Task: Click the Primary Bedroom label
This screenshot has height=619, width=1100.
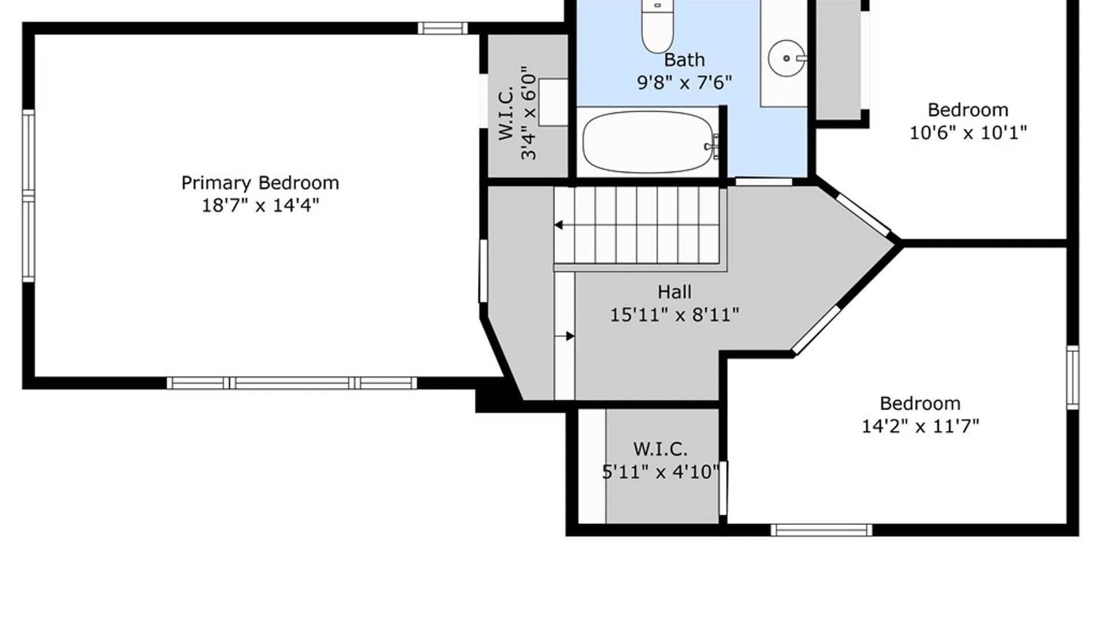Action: [260, 183]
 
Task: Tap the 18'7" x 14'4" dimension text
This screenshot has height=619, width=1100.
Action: [260, 205]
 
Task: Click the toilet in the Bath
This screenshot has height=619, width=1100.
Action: [657, 26]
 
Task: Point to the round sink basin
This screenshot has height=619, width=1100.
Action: [787, 58]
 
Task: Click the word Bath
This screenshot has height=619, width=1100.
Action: [684, 60]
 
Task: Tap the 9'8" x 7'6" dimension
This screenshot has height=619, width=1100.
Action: [684, 83]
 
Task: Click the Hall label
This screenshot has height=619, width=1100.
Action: [674, 292]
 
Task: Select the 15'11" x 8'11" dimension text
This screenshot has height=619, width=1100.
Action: [674, 315]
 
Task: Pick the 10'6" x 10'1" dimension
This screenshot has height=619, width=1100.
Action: [968, 132]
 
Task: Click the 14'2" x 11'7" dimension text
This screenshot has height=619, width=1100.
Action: [920, 426]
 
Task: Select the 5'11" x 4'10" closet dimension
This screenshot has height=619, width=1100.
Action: [661, 472]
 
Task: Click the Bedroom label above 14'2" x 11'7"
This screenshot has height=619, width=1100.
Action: [920, 403]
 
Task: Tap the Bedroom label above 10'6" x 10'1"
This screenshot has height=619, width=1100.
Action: [968, 109]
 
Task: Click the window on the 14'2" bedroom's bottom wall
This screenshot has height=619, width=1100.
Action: [821, 530]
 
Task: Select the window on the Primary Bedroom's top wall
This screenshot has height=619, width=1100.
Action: [442, 28]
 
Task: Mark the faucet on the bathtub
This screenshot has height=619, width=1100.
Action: [713, 146]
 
